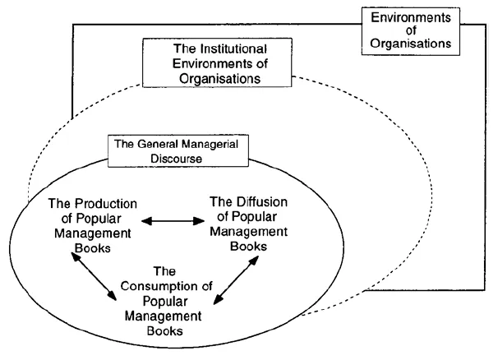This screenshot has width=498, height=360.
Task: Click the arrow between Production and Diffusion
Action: click(x=173, y=220)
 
